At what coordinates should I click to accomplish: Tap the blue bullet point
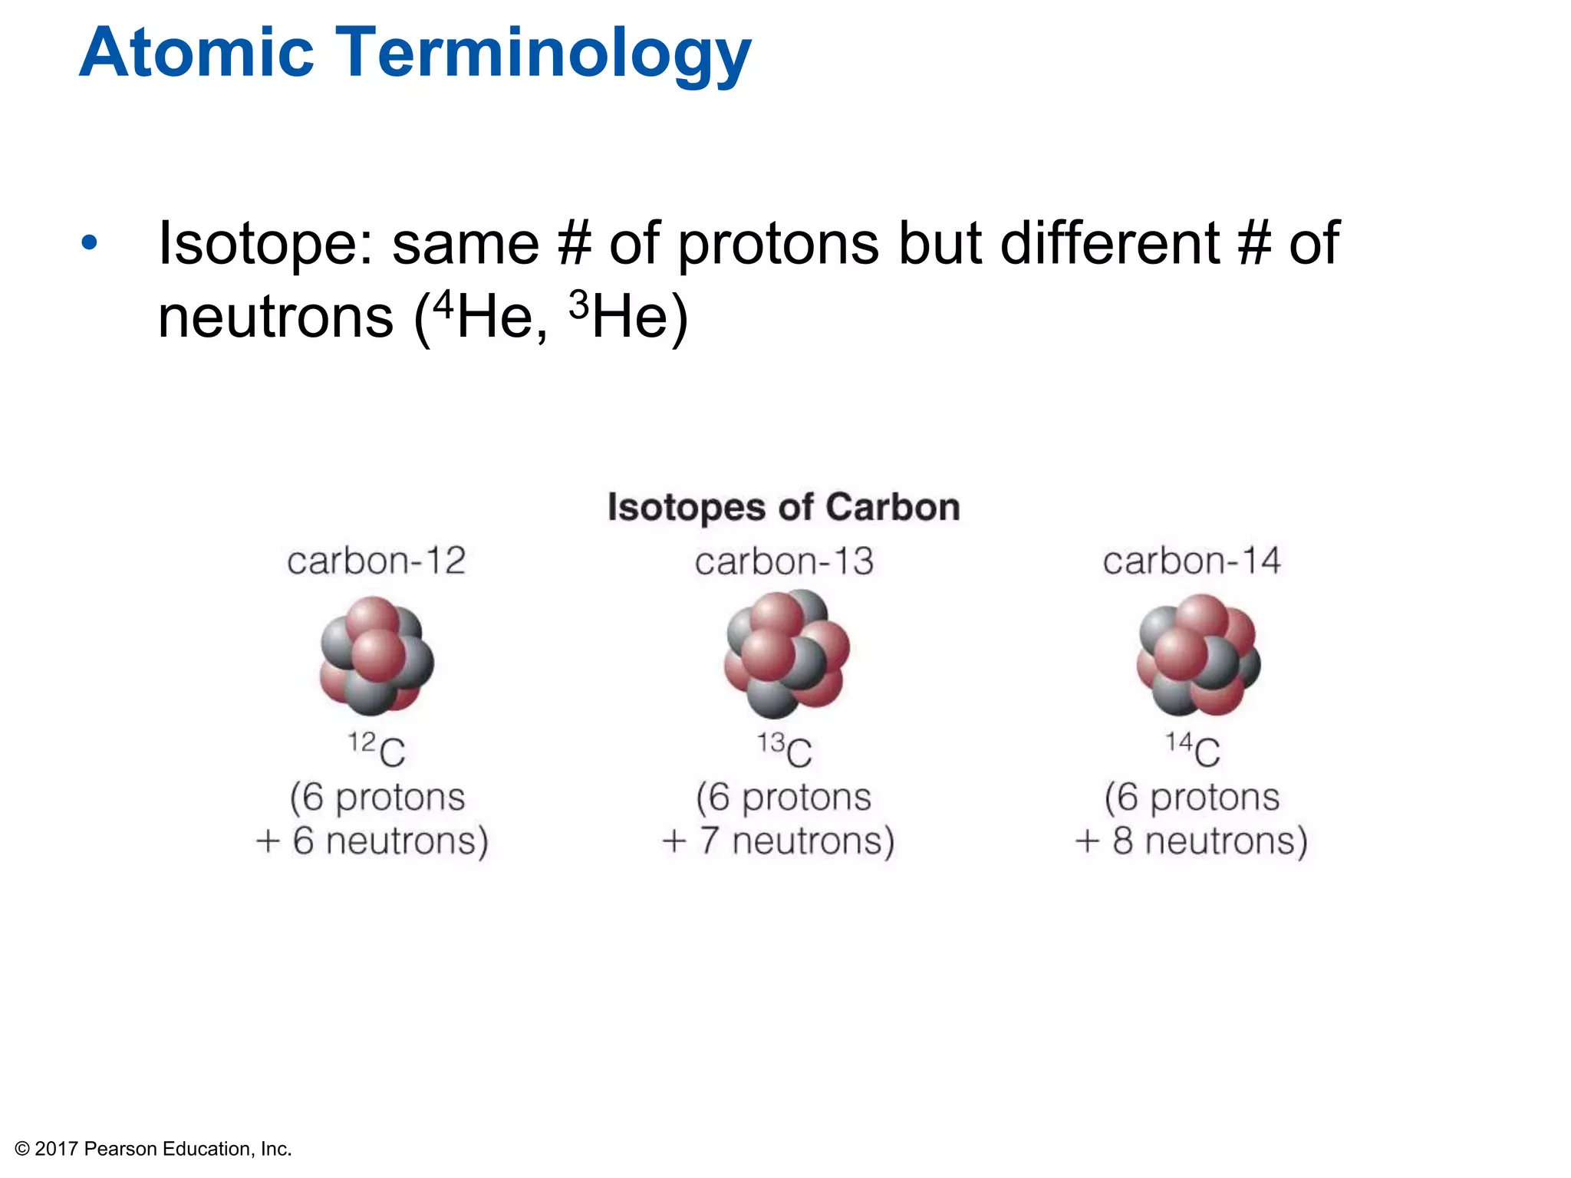(x=90, y=243)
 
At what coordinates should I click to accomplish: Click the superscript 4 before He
(x=443, y=305)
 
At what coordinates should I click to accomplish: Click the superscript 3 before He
(x=579, y=305)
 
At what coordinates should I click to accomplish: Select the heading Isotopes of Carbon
(x=783, y=508)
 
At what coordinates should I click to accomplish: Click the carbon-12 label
(x=376, y=561)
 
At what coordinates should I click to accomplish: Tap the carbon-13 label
(x=784, y=561)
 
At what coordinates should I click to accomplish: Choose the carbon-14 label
(x=1191, y=561)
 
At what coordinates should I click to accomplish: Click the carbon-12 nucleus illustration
(x=377, y=656)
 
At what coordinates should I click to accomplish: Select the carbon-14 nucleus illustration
(x=1197, y=654)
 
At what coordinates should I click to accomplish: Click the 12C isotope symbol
(x=377, y=749)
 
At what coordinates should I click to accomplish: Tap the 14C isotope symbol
(x=1193, y=749)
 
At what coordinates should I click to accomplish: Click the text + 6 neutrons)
(x=372, y=841)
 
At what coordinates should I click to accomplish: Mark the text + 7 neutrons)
(x=778, y=841)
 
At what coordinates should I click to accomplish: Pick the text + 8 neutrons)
(x=1191, y=841)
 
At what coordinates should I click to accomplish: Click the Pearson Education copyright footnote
(x=153, y=1149)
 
